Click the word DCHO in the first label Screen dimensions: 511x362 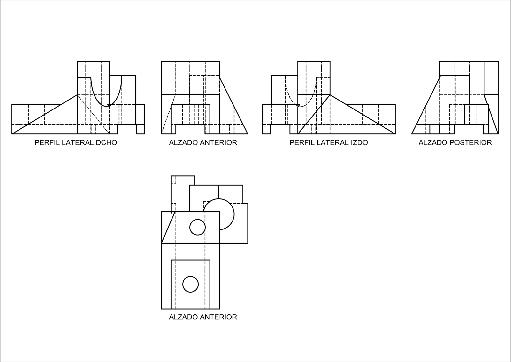pyautogui.click(x=106, y=143)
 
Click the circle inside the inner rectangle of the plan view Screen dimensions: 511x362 pyautogui.click(x=190, y=284)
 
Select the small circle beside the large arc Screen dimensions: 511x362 pyautogui.click(x=198, y=227)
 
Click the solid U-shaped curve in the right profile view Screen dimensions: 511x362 pyautogui.click(x=106, y=106)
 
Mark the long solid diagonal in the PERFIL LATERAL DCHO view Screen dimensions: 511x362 pyautogui.click(x=44, y=114)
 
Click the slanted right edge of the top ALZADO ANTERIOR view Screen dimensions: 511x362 pyautogui.click(x=233, y=105)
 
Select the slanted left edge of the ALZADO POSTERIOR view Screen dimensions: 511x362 pyautogui.click(x=426, y=105)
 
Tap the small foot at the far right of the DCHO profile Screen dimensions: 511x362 pyautogui.click(x=141, y=129)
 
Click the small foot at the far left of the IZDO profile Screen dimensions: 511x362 pyautogui.click(x=266, y=129)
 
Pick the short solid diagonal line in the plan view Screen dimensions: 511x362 pyautogui.click(x=168, y=227)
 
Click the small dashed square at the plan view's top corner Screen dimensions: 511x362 pyautogui.click(x=173, y=180)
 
